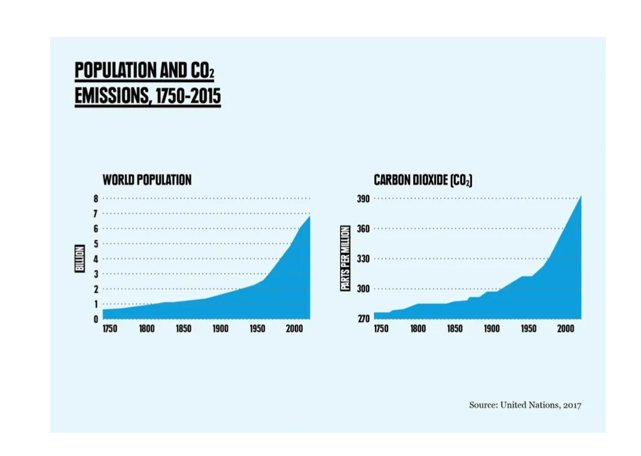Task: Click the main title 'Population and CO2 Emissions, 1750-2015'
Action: pyautogui.click(x=147, y=84)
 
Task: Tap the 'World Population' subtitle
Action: pyautogui.click(x=147, y=180)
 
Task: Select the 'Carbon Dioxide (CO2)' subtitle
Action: pyautogui.click(x=423, y=180)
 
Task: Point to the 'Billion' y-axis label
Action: pyautogui.click(x=80, y=259)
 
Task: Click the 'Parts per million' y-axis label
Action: pyautogui.click(x=345, y=259)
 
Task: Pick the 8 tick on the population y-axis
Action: pyautogui.click(x=96, y=199)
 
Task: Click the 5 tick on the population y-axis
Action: pyautogui.click(x=96, y=244)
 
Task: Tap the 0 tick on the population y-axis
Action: pyautogui.click(x=96, y=319)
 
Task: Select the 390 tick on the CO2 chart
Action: pyautogui.click(x=364, y=199)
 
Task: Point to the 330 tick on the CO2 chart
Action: pyautogui.click(x=364, y=259)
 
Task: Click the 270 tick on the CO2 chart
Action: pyautogui.click(x=364, y=319)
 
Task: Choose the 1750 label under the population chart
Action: pyautogui.click(x=111, y=329)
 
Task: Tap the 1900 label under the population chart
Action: pyautogui.click(x=220, y=329)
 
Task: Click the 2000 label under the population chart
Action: pyautogui.click(x=293, y=329)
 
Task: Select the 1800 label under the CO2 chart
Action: pyautogui.click(x=418, y=329)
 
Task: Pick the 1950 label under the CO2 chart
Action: pyautogui.click(x=529, y=329)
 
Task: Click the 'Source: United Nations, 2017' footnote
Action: pyautogui.click(x=525, y=405)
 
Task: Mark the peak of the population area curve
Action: pyautogui.click(x=309, y=217)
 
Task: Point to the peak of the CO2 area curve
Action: pyautogui.click(x=581, y=197)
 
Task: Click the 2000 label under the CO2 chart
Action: pyautogui.click(x=565, y=329)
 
